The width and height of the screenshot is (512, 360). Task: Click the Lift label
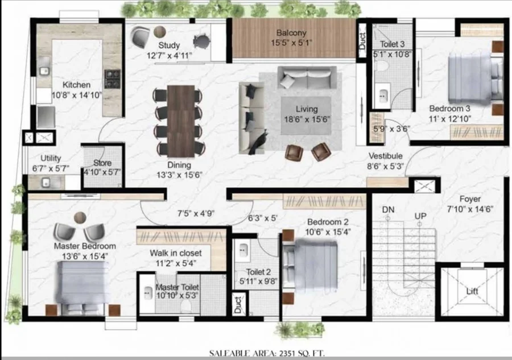472,291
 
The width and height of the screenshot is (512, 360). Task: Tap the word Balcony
291,32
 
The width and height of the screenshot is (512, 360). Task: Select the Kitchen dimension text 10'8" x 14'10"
77,96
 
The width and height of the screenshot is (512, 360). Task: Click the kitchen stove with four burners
112,78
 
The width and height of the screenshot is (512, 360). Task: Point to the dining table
181,121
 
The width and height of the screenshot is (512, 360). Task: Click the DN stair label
388,209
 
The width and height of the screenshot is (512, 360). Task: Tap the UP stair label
420,216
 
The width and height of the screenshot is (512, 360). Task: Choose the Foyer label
470,198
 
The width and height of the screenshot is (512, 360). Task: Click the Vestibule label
385,156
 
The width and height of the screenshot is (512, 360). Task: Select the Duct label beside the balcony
362,42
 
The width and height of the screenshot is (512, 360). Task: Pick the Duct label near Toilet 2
238,304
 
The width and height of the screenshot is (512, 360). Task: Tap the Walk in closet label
176,253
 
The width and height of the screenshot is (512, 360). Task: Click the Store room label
102,163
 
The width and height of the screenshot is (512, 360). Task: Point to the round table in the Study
160,32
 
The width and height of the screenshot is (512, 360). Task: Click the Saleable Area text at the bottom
267,353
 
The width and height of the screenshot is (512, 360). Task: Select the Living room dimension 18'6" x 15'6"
307,119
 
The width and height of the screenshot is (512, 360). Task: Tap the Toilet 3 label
392,44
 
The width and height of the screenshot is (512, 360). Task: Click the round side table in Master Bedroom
80,217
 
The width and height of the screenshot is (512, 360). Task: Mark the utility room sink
46,182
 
